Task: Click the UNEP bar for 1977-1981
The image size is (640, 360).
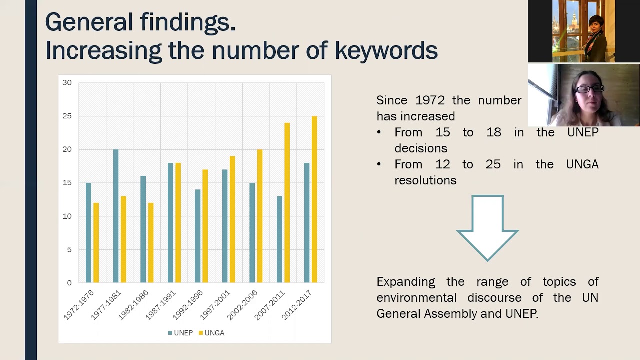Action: point(116,216)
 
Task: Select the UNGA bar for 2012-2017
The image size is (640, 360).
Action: point(314,199)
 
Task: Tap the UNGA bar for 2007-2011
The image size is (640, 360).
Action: point(287,202)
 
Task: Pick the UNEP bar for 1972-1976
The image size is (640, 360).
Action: point(88,232)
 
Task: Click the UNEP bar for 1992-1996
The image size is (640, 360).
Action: point(197,236)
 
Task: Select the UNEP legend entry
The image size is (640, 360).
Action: point(180,333)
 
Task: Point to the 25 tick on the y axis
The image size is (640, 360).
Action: point(67,116)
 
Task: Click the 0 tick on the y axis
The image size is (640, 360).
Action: point(69,283)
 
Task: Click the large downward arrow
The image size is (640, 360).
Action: point(487,227)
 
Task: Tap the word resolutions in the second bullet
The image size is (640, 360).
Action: point(425,180)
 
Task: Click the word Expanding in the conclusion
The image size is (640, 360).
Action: point(405,282)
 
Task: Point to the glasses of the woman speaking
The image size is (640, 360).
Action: point(590,89)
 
